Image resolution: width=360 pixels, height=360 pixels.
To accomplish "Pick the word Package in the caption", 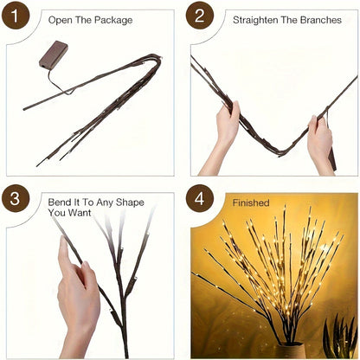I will coord(113,19).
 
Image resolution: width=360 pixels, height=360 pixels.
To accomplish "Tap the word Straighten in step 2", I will coord(255,19).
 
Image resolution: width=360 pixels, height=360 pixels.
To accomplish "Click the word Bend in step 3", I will coord(61,202).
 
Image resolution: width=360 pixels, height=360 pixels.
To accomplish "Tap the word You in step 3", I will coord(58,212).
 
